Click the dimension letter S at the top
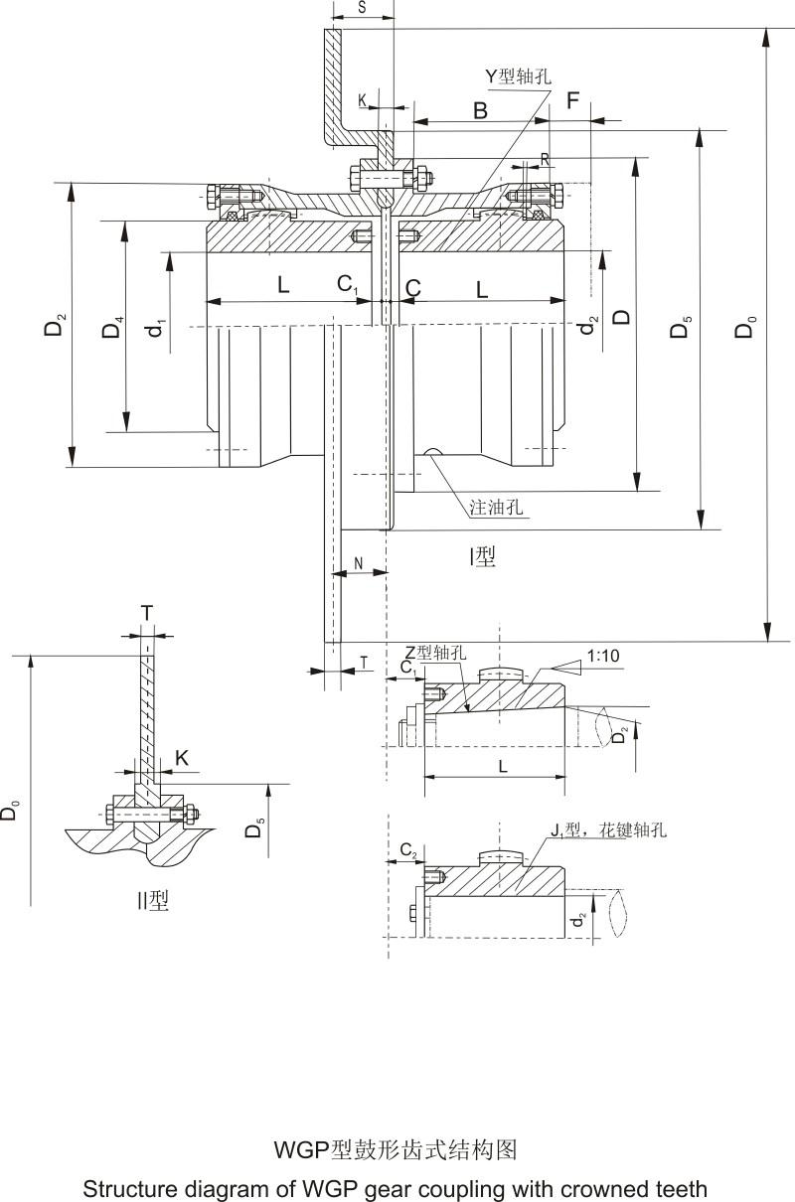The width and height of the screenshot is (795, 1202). (x=361, y=8)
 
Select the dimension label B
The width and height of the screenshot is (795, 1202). (x=480, y=110)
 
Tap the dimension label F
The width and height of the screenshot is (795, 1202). (x=572, y=100)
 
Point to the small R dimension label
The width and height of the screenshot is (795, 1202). (x=545, y=159)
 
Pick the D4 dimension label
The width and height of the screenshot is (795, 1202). (x=114, y=327)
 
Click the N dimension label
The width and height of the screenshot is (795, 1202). (x=358, y=562)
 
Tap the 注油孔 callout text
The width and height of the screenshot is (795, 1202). (x=496, y=507)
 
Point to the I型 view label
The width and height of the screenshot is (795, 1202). (x=482, y=557)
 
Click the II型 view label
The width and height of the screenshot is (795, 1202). (x=153, y=901)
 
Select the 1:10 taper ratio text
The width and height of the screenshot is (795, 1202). (x=603, y=656)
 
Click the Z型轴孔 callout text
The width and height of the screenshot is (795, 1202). (x=434, y=653)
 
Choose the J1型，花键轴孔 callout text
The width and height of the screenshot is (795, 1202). (x=607, y=829)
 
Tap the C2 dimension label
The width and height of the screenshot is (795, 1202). (x=408, y=849)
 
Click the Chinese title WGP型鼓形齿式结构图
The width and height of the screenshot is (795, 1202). (x=396, y=1150)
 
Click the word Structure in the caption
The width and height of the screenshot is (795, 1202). (x=128, y=1188)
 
